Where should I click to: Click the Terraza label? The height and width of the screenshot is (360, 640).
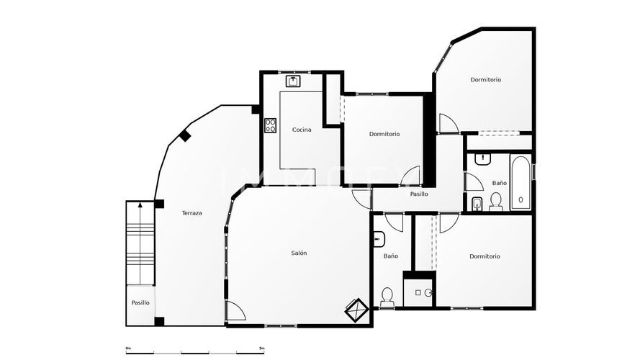click(191, 213)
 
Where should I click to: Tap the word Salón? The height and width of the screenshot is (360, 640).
click(299, 253)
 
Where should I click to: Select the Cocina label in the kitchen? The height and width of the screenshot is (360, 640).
click(302, 130)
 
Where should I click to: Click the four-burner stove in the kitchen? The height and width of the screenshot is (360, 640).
click(271, 125)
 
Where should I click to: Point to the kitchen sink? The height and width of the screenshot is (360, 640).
click(294, 81)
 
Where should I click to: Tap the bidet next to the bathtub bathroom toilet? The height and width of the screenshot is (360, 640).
click(477, 206)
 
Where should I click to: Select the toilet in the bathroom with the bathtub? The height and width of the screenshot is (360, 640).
click(496, 202)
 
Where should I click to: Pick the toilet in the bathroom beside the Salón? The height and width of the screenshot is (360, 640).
click(387, 296)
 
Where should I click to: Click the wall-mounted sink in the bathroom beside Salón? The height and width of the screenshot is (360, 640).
click(379, 239)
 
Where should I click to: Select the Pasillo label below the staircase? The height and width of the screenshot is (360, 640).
click(140, 303)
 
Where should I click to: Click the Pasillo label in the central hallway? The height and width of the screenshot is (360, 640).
click(419, 194)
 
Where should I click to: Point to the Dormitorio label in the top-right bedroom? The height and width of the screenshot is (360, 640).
click(486, 80)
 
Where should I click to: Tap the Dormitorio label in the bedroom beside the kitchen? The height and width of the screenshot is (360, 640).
click(384, 134)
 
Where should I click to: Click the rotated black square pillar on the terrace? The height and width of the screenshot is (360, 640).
click(185, 135)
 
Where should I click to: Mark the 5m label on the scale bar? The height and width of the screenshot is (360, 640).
click(261, 348)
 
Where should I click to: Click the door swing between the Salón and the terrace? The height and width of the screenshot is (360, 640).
click(235, 311)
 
